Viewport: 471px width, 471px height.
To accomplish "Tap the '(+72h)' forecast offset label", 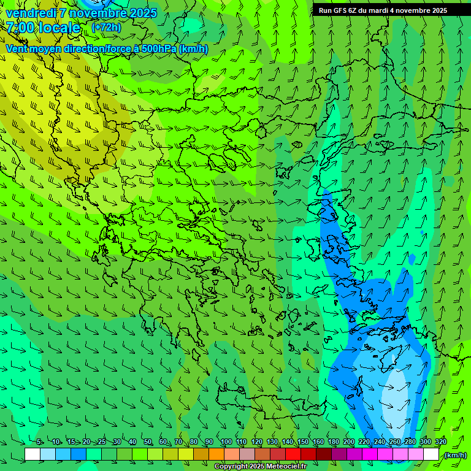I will click(106, 27).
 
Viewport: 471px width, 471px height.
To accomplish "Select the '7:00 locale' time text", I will click(43, 28).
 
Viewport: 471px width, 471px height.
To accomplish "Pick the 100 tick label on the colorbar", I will click(226, 442).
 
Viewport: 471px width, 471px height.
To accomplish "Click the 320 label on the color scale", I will click(440, 442).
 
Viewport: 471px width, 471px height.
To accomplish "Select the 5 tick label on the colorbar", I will click(39, 442).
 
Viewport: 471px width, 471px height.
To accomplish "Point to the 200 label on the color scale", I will click(348, 442).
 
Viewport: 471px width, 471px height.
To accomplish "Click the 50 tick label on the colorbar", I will click(147, 442).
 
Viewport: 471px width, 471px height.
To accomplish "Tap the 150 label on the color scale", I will click(302, 442).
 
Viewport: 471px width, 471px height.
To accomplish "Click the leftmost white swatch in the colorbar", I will click(33, 454).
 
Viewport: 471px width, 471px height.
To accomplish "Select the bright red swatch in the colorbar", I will click(293, 454).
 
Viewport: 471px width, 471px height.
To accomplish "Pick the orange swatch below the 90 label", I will click(216, 454).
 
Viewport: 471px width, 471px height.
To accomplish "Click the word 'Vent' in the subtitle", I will click(17, 48).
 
